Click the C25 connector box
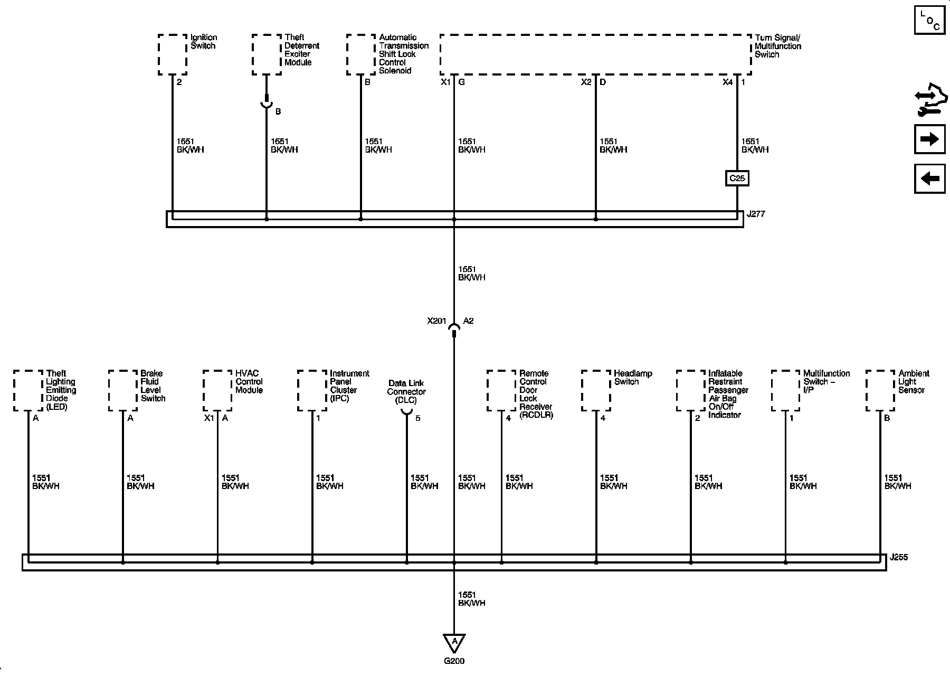click(737, 179)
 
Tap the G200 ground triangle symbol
click(454, 642)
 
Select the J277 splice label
click(756, 214)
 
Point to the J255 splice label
click(898, 557)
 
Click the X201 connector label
click(436, 321)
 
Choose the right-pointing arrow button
click(929, 139)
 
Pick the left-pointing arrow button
click(929, 179)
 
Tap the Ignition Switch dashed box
click(173, 55)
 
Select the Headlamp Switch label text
click(633, 378)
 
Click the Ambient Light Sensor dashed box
click(880, 391)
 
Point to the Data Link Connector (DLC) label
click(406, 392)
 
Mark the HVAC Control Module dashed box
click(217, 391)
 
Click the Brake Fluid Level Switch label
click(153, 386)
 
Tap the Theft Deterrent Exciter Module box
click(267, 55)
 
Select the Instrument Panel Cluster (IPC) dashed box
click(312, 391)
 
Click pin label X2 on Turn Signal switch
click(586, 82)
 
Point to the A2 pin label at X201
click(468, 321)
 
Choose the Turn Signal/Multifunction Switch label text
click(777, 46)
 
